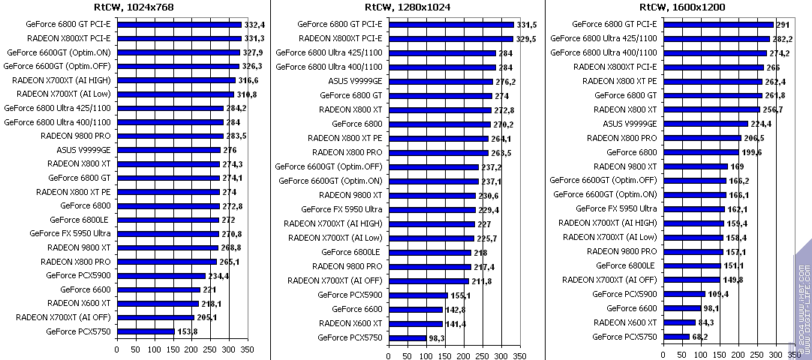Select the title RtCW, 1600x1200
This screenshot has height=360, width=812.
coord(681,7)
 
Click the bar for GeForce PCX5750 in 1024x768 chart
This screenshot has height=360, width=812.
coord(146,331)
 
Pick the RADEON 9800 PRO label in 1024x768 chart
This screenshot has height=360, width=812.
coord(75,136)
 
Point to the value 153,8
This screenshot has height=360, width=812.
coord(187,331)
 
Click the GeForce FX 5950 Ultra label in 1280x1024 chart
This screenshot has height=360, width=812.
coord(341,209)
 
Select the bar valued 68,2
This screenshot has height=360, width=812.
coord(677,337)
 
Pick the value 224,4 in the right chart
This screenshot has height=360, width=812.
coord(762,124)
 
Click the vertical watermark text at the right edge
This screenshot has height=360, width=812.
coord(803,300)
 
